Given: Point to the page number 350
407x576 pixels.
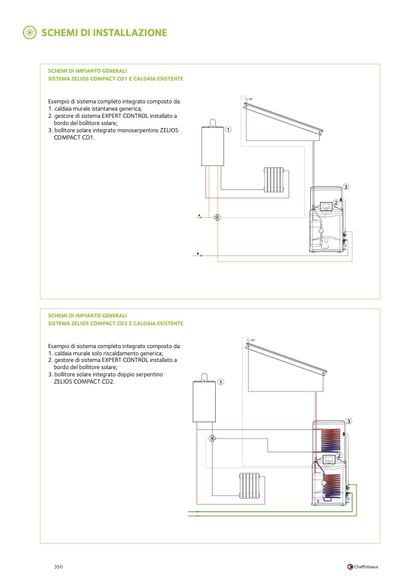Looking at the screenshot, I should (58, 566).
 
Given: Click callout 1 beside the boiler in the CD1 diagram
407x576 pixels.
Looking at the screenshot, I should (228, 130).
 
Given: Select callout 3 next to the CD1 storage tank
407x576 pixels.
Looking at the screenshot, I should (346, 186).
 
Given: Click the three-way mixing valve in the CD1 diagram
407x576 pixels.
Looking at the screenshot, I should (217, 217).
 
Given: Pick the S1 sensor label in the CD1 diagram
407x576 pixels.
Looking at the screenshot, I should (251, 99).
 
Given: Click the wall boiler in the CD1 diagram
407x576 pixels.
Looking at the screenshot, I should (212, 145).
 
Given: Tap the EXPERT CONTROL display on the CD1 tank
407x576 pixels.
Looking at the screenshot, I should (325, 207).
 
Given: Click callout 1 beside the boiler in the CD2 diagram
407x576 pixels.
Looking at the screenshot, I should (220, 382).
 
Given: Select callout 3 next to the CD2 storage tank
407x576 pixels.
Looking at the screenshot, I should (348, 420).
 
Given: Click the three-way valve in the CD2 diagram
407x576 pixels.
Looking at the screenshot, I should (212, 438).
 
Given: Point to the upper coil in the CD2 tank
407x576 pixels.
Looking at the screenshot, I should (328, 440).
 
